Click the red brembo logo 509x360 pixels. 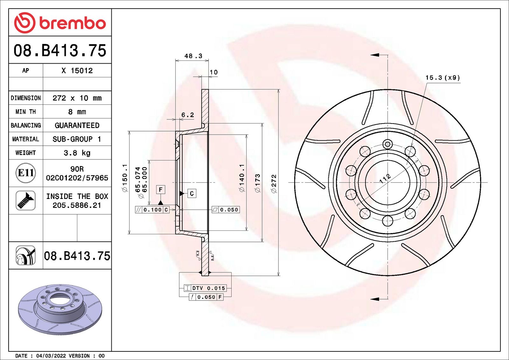pyautogui.click(x=60, y=23)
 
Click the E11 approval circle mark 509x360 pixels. pyautogui.click(x=25, y=173)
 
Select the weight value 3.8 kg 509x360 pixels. pyautogui.click(x=77, y=153)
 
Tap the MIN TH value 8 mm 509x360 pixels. pyautogui.click(x=77, y=112)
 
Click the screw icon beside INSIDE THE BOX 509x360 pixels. pyautogui.click(x=25, y=201)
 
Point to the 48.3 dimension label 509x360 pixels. pyautogui.click(x=193, y=56)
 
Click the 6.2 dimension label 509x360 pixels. pyautogui.click(x=187, y=115)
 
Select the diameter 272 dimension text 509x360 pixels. pyautogui.click(x=274, y=183)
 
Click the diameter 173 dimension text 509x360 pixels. pyautogui.click(x=257, y=183)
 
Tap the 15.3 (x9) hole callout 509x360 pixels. pyautogui.click(x=443, y=78)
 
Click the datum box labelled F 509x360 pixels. pyautogui.click(x=161, y=190)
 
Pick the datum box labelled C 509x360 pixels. pyautogui.click(x=192, y=193)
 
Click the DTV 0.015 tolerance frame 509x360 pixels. pyautogui.click(x=205, y=288)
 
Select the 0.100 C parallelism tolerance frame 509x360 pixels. pyautogui.click(x=152, y=210)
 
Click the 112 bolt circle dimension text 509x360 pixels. pyautogui.click(x=385, y=179)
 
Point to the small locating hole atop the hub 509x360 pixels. pyautogui.click(x=387, y=144)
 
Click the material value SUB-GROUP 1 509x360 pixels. pyautogui.click(x=77, y=139)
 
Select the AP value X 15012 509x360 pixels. pyautogui.click(x=77, y=71)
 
